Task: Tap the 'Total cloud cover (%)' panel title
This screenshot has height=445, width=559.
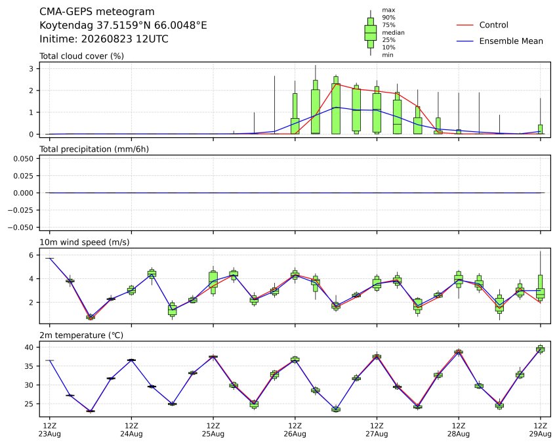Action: click(x=81, y=56)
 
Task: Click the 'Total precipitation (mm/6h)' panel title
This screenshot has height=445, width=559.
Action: click(x=94, y=149)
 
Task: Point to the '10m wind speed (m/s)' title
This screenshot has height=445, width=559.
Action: click(x=85, y=242)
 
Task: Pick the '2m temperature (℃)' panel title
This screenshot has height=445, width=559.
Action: click(x=81, y=335)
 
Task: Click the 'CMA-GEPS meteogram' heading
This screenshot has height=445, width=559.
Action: click(x=97, y=12)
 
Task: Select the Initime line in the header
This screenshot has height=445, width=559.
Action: click(x=104, y=39)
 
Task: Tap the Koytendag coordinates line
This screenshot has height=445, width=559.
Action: click(x=123, y=26)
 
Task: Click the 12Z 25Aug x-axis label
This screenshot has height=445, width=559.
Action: click(x=213, y=430)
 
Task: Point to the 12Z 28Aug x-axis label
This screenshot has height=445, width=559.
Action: click(x=459, y=430)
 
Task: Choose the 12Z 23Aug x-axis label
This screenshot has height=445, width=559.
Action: click(x=50, y=430)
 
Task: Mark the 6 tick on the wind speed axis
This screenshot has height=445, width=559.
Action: click(x=31, y=255)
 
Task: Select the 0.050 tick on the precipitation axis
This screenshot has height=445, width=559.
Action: click(x=24, y=158)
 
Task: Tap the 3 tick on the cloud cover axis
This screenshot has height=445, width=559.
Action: click(x=31, y=68)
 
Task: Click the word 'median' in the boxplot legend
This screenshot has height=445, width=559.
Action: click(x=393, y=32)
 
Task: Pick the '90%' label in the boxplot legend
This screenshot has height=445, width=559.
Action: click(x=388, y=18)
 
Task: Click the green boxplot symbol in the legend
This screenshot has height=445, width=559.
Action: click(x=371, y=33)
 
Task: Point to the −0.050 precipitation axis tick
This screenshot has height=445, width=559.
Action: click(x=21, y=227)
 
